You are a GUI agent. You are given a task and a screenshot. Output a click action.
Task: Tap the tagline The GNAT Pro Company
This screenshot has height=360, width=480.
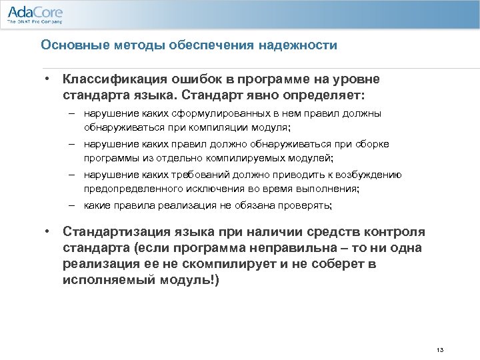34,22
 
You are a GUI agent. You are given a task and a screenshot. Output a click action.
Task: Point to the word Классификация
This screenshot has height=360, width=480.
109,79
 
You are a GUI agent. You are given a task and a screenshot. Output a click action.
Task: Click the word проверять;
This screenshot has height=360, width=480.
303,206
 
